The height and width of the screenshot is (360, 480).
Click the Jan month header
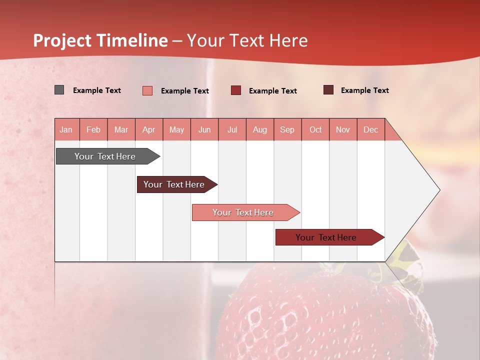66,129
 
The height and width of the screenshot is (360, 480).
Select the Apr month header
149,129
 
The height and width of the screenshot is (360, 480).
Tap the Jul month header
232,129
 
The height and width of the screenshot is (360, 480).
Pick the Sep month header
287,129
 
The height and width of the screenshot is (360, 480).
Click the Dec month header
370,129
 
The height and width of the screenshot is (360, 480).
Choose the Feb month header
93,129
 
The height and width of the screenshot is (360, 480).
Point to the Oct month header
315,129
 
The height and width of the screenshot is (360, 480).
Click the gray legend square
59,90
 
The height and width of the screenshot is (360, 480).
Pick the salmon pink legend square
147,90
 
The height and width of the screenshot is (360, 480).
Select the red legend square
236,90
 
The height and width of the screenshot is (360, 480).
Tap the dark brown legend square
328,90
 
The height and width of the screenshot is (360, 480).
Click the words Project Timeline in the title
100,40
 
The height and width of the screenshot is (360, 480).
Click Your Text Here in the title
247,40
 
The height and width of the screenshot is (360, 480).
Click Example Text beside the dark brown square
364,90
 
